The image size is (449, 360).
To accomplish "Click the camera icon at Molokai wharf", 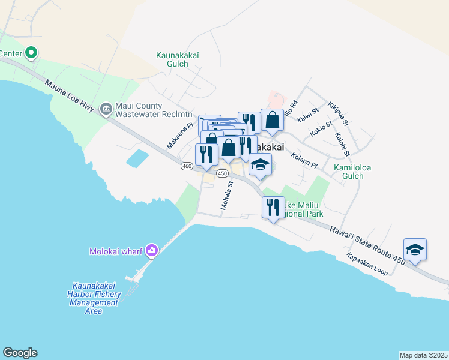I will coord(151,250).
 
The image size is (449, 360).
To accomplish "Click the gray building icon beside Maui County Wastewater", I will coord(106,109).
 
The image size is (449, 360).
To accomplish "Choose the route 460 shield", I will coord(186,166).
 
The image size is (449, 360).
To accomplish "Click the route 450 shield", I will coord(222,173).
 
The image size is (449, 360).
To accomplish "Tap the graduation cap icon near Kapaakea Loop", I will coord(415,248).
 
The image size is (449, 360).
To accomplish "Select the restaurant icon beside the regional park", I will coord(273,207).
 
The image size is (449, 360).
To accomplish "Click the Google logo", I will coord(20,353).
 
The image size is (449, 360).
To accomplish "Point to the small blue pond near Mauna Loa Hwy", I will coord(137,158).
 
